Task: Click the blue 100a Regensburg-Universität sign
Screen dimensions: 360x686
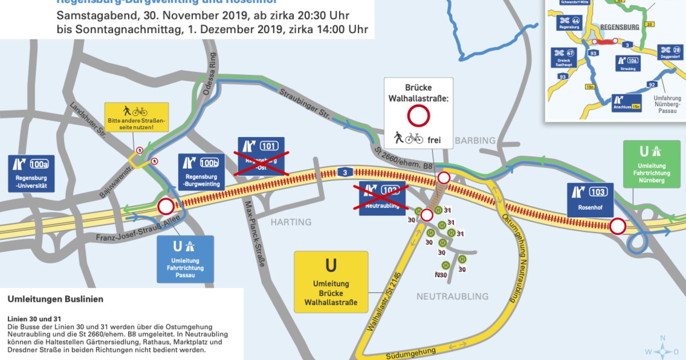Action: tap(32, 174)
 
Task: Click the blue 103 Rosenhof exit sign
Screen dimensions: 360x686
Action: tap(591, 200)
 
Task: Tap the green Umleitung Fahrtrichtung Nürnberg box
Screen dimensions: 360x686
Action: tap(651, 165)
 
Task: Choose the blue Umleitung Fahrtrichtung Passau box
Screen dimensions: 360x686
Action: tap(185, 259)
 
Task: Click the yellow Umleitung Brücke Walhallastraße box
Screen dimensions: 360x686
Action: tap(330, 282)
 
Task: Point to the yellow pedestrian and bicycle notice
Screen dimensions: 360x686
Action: tap(136, 117)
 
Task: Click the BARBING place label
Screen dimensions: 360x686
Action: tap(476, 140)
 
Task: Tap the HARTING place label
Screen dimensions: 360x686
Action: tap(291, 222)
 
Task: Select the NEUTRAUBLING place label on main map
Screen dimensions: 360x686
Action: tap(452, 296)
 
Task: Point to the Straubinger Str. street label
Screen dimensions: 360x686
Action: tap(305, 102)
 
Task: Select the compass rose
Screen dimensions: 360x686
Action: tap(662, 350)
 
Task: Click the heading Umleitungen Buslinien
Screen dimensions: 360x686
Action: tap(55, 299)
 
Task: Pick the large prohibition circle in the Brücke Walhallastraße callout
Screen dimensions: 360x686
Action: tap(418, 117)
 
